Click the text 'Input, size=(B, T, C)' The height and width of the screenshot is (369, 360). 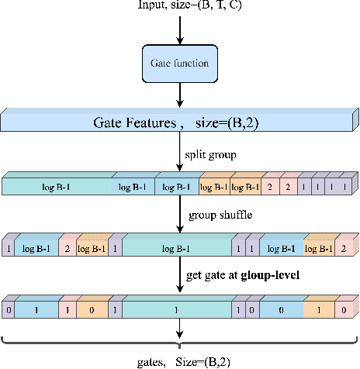tap(179, 7)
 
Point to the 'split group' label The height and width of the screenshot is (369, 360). tap(210, 154)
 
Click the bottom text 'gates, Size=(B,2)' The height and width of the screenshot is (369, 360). tap(181, 361)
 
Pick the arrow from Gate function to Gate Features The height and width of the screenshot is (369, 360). tap(180, 94)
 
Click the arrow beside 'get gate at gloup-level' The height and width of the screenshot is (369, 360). tap(180, 274)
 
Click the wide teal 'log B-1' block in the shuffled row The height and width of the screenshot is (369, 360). tap(177, 248)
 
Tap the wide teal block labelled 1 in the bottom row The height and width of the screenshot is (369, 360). tap(177, 309)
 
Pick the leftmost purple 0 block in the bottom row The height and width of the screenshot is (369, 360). tap(8, 309)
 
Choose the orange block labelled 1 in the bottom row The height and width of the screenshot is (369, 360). tap(319, 309)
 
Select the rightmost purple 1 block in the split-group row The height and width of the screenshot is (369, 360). tap(344, 188)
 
